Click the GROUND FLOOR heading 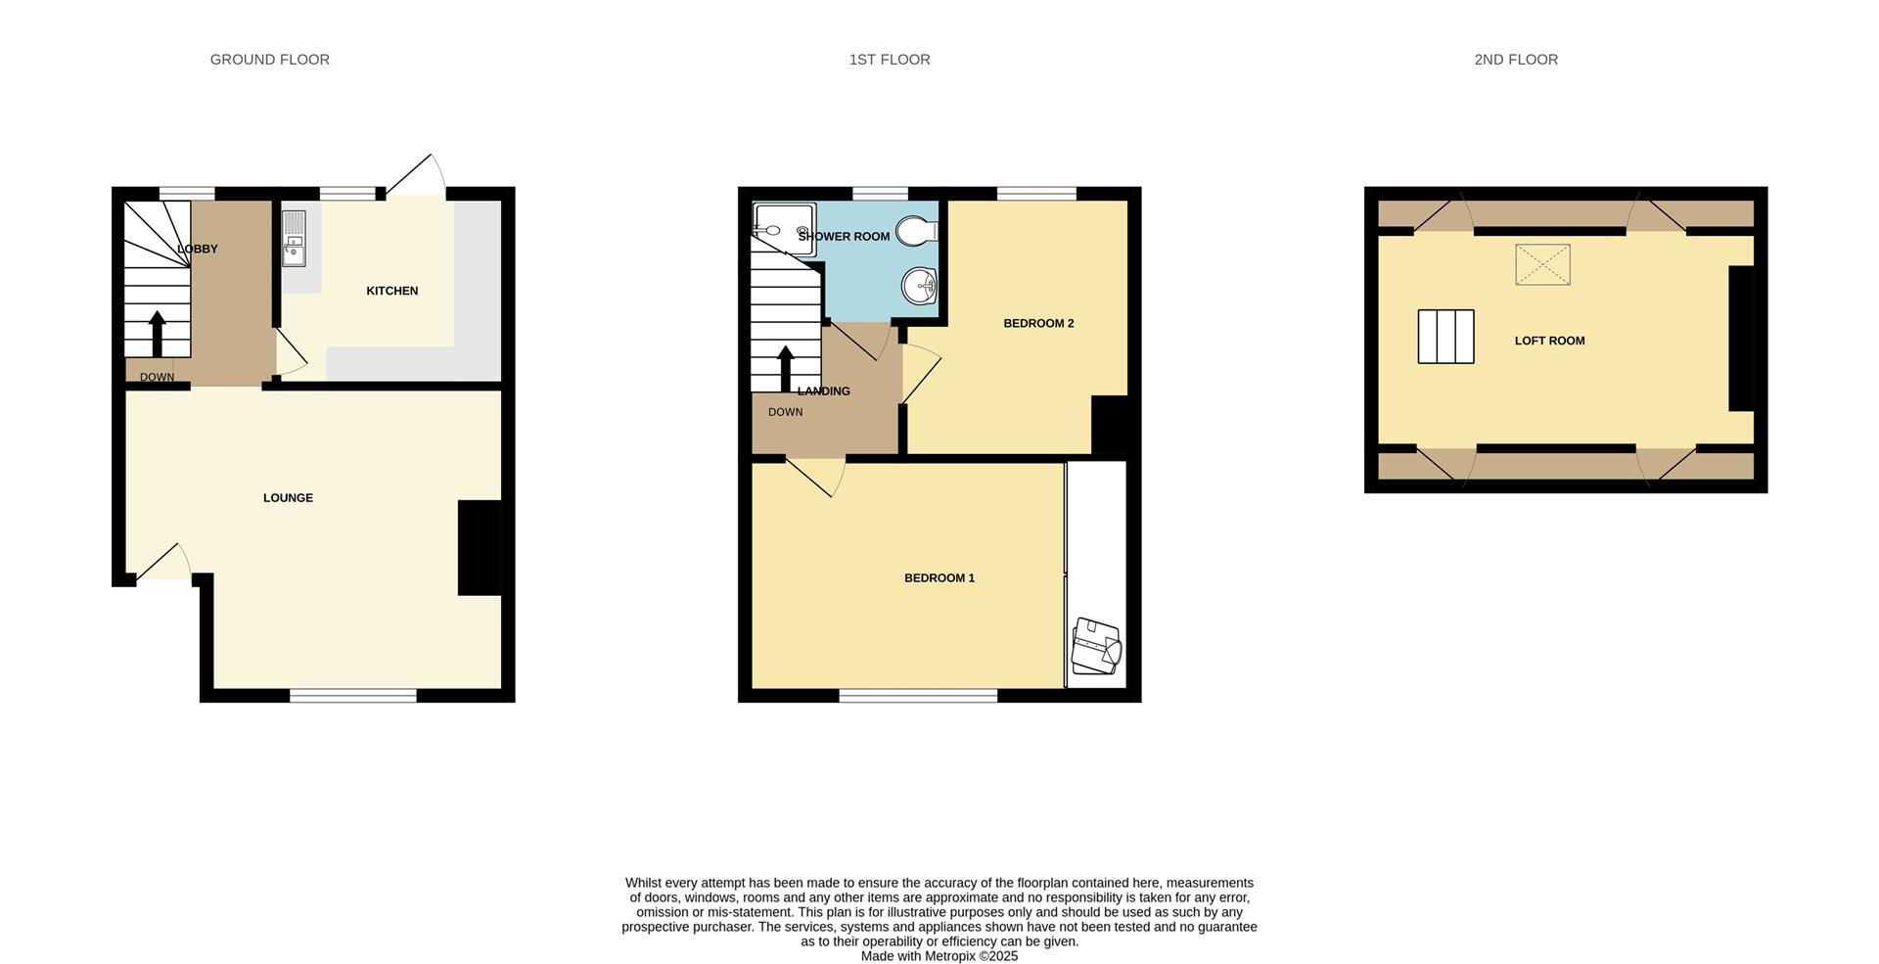tap(269, 60)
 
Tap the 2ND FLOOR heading tap(1515, 60)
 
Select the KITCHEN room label tap(391, 291)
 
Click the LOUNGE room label tap(288, 498)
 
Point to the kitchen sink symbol tap(294, 239)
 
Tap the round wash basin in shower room tap(919, 286)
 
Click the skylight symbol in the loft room tap(1542, 265)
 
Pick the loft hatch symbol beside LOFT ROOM tap(1445, 337)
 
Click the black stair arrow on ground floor tap(157, 334)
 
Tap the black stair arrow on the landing tap(785, 368)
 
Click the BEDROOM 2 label tap(1038, 324)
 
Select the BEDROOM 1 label tap(939, 578)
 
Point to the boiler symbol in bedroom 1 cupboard tap(1096, 646)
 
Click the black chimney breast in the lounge tap(480, 548)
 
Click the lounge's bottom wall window tap(352, 696)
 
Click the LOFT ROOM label tap(1549, 342)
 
